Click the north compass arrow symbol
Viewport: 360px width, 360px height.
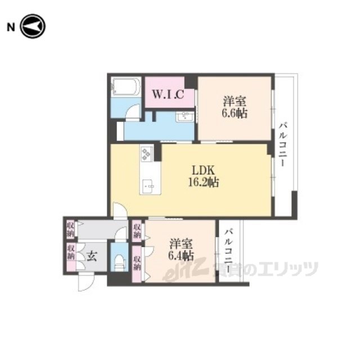pos(33,26)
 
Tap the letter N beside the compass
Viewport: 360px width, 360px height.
pos(11,28)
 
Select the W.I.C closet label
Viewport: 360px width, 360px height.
pos(168,94)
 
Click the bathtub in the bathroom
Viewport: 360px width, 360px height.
pos(125,87)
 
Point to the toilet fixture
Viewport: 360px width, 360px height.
pos(119,262)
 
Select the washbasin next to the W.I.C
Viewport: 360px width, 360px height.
pos(185,117)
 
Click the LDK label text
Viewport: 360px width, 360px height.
pos(203,170)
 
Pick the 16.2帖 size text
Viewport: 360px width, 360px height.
pos(204,182)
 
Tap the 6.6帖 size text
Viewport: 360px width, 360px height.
pos(234,113)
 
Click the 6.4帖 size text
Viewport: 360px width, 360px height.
pos(181,256)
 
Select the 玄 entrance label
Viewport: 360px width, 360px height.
pos(92,256)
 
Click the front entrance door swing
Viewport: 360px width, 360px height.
pos(86,283)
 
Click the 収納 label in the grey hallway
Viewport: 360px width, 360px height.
pos(70,229)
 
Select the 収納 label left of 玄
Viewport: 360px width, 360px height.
pos(71,253)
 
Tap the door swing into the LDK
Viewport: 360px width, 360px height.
pos(120,210)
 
